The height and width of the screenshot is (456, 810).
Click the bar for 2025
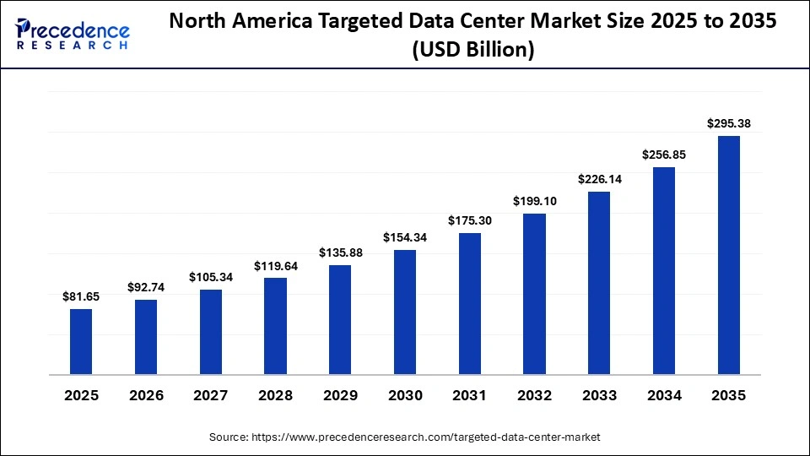coord(81,341)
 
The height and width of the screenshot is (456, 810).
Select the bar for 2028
coord(275,326)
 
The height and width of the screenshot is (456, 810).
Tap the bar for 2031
coord(470,303)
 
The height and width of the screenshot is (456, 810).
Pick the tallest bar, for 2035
coord(728,254)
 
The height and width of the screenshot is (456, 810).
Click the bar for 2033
coord(599,283)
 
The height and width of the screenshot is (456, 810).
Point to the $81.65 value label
coord(81,296)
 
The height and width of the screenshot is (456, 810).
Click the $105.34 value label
coord(211,277)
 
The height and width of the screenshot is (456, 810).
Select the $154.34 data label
coord(405,237)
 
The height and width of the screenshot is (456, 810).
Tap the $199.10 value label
coord(534,201)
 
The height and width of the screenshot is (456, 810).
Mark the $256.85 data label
coord(663,155)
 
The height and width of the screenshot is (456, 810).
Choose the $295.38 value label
coord(728,123)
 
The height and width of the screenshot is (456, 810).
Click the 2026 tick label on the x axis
coord(146,395)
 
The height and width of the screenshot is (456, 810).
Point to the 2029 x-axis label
coord(340,395)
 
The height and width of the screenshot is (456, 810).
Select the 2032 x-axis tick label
coord(534,395)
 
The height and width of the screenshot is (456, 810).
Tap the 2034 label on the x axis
coord(663,395)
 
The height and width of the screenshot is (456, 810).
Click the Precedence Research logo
coord(73,34)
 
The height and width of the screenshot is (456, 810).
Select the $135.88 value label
coord(340,252)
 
